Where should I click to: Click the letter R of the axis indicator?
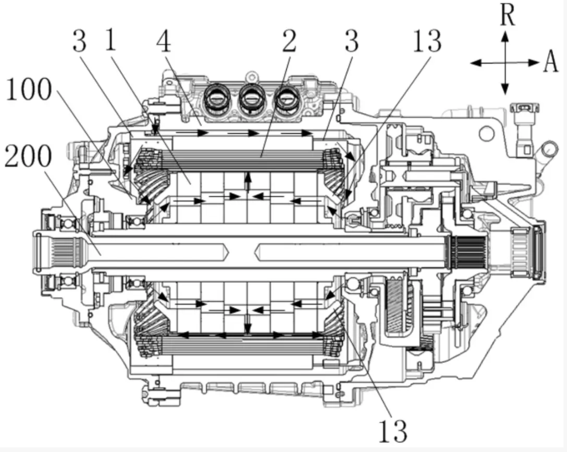pos(508,16)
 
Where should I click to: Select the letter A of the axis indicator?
pos(551,62)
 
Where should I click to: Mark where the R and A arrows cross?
pos(505,62)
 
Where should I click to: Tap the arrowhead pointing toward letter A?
pos(534,62)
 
